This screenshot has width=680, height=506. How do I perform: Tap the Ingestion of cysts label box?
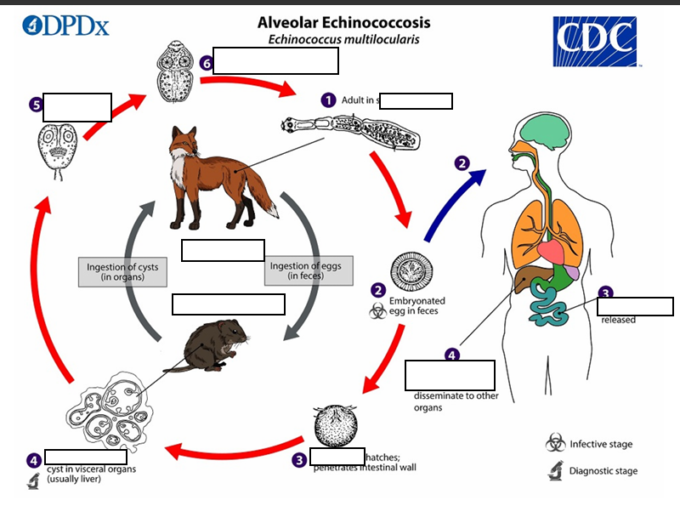point(122,271)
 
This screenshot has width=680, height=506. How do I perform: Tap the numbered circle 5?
point(36,105)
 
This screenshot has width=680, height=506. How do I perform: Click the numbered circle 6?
point(206,63)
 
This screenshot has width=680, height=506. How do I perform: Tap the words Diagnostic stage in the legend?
point(603,470)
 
